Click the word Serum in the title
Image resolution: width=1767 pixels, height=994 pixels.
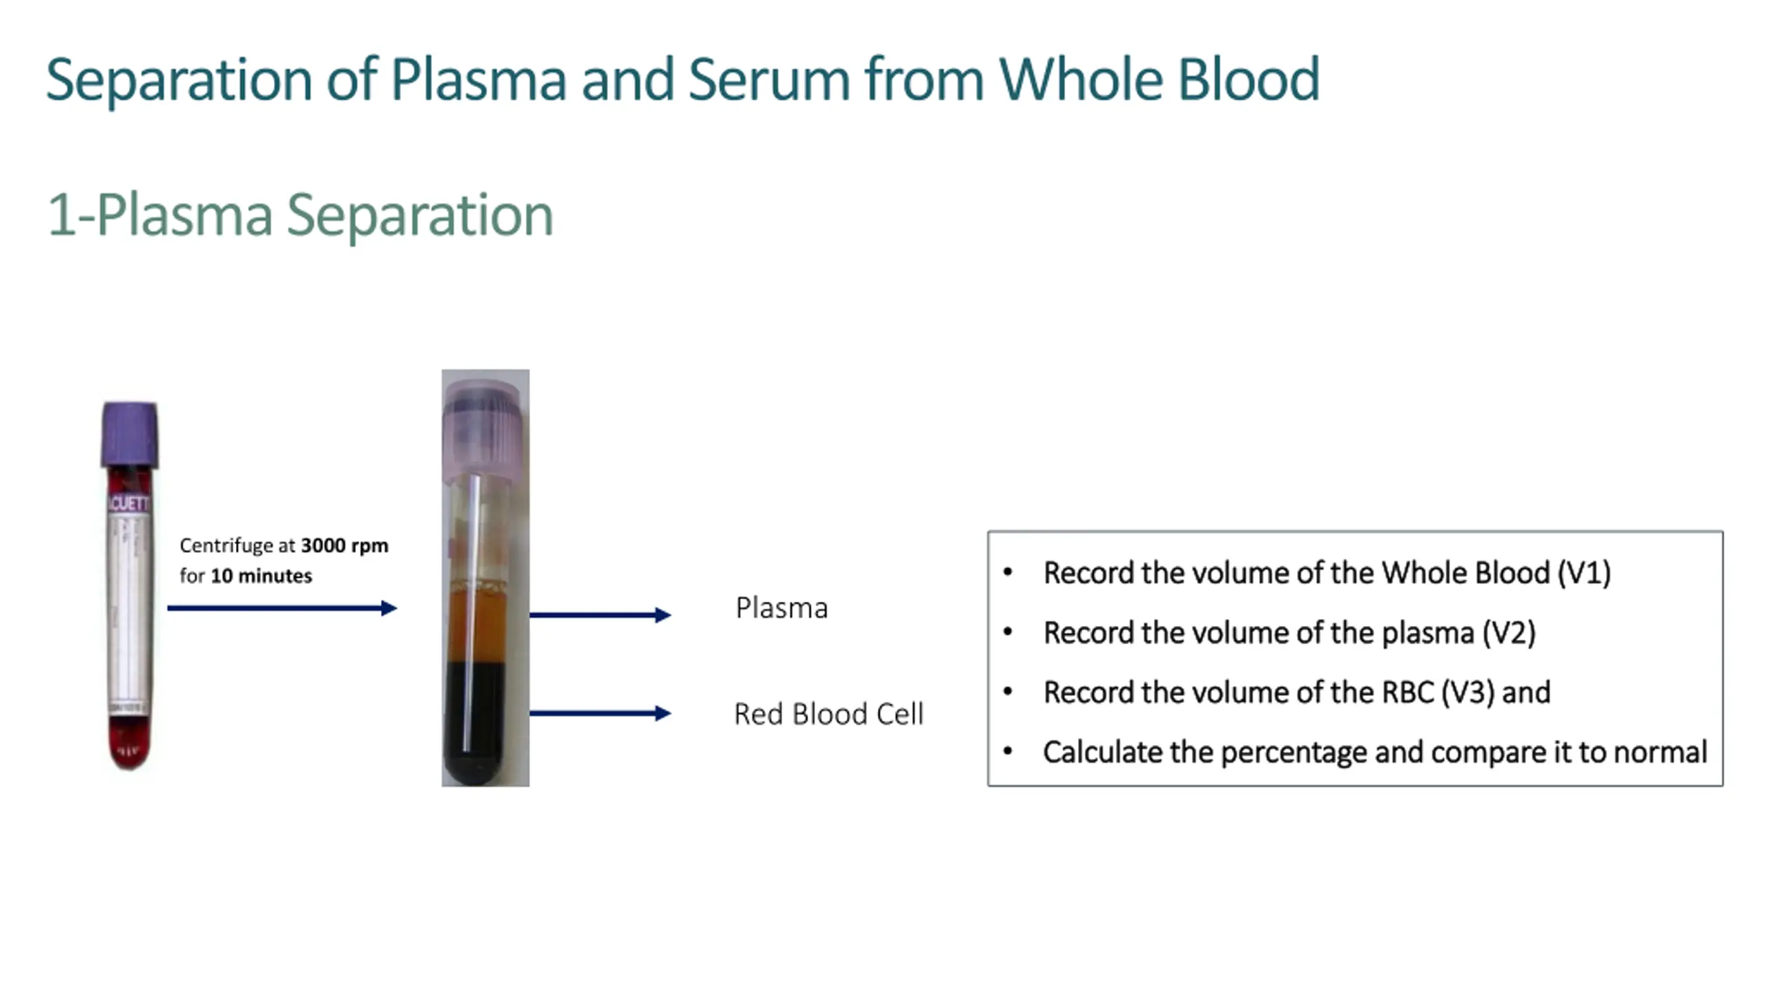pyautogui.click(x=768, y=80)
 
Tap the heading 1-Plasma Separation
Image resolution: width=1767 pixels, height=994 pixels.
pyautogui.click(x=300, y=215)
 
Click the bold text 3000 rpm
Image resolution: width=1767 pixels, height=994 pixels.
pyautogui.click(x=344, y=545)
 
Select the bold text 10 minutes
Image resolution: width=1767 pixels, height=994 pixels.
pyautogui.click(x=261, y=576)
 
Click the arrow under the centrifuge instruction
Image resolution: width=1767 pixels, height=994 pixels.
pyautogui.click(x=282, y=608)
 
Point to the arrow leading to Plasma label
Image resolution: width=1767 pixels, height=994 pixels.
pyautogui.click(x=599, y=614)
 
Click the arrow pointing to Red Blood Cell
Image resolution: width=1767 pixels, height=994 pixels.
pyautogui.click(x=599, y=713)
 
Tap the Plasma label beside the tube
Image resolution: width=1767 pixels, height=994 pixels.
pyautogui.click(x=781, y=608)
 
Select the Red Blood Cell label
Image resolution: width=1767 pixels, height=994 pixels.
pyautogui.click(x=828, y=714)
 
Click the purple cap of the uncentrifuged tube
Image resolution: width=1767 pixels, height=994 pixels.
pyautogui.click(x=130, y=435)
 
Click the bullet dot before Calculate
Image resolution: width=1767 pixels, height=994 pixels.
pyautogui.click(x=1008, y=751)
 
